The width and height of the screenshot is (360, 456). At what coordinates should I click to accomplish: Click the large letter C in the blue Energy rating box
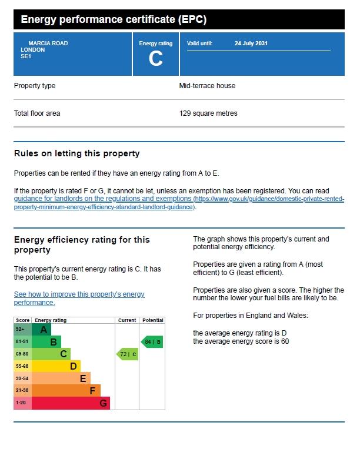click(x=155, y=59)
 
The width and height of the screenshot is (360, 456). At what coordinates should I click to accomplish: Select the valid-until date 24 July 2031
click(x=251, y=43)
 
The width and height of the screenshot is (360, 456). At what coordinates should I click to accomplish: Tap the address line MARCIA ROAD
click(x=48, y=43)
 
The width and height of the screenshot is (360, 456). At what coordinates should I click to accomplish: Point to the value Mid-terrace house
click(x=207, y=86)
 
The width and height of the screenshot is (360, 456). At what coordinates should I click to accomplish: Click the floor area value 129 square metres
click(x=208, y=113)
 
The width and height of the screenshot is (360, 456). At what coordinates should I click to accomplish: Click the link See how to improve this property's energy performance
click(x=79, y=299)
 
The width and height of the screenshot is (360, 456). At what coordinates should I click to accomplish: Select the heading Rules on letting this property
click(x=77, y=153)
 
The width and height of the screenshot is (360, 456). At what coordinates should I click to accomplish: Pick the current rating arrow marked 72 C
click(x=127, y=354)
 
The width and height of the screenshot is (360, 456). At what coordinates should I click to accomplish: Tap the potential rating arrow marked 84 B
click(x=152, y=342)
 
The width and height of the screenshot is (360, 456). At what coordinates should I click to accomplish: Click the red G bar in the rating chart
click(x=71, y=403)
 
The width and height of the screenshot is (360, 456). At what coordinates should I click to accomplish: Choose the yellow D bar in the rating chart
click(x=56, y=366)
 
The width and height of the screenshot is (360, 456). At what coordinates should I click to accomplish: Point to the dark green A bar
click(x=41, y=330)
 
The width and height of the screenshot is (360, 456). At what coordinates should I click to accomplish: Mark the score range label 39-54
click(x=22, y=378)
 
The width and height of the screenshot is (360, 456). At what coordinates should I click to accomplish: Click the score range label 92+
click(x=20, y=330)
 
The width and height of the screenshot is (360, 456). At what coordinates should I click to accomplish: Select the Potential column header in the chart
click(x=153, y=320)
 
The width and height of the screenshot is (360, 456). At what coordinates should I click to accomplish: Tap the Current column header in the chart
click(x=127, y=320)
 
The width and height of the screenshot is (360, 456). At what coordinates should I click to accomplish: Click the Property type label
click(x=35, y=86)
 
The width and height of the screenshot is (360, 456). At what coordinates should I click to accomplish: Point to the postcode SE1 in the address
click(x=26, y=56)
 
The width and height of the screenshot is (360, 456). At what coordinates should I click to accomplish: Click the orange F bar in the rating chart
click(x=66, y=391)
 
